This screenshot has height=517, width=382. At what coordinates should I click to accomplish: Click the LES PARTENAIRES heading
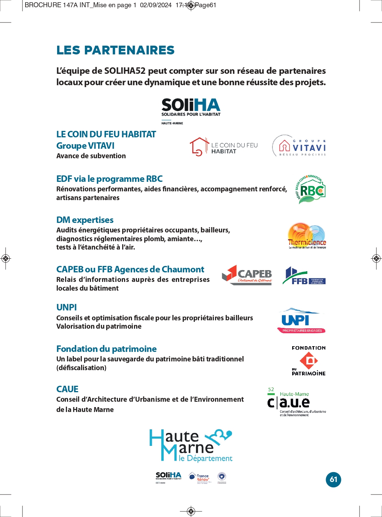coord(115,50)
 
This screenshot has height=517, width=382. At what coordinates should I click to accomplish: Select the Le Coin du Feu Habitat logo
coord(224,147)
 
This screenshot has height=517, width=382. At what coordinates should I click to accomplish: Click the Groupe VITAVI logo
coord(299,146)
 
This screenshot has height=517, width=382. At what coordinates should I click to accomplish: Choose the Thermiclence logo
coord(307,236)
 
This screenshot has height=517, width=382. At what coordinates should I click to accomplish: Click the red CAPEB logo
coord(247,275)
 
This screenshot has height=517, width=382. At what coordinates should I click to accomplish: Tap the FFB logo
coord(304,276)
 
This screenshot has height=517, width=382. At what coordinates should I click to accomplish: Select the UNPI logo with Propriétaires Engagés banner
coord(301,321)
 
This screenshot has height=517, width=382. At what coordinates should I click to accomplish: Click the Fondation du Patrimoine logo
coord(309,361)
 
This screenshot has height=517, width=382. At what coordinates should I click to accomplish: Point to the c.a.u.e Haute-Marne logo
coord(296,402)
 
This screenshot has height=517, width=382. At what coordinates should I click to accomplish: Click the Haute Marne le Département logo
coord(191,445)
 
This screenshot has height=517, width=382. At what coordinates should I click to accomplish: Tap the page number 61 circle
coord(333,479)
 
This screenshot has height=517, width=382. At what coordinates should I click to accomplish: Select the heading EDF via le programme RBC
coord(109,179)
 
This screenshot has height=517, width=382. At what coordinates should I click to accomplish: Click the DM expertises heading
coord(85,220)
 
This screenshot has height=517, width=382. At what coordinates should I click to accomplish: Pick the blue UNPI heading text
coord(67,307)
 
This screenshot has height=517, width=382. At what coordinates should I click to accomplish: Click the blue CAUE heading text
coord(67,389)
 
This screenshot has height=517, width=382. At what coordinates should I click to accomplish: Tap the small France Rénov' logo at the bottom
coord(199,477)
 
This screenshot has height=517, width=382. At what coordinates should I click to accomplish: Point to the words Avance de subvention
coord(91,156)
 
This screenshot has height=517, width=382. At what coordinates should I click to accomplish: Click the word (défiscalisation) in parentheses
coord(81,368)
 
